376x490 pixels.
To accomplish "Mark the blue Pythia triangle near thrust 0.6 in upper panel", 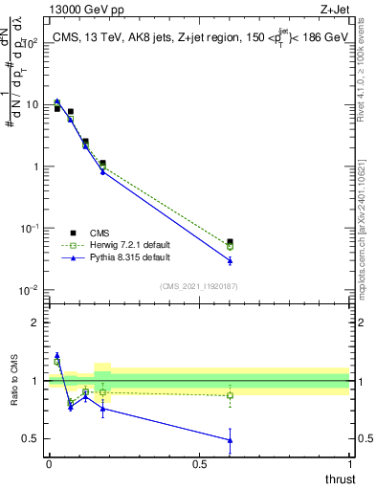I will pos(229,260).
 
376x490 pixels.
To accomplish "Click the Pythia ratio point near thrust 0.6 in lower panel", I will pos(229,440).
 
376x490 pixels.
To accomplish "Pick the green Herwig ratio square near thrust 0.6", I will pos(229,395).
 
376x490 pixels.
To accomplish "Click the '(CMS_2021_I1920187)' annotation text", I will pos(198,286).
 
